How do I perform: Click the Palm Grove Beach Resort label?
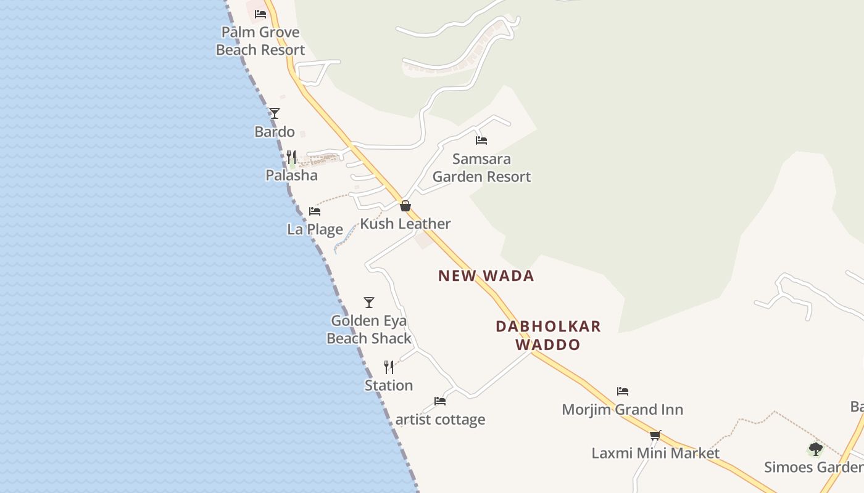pos(260,41)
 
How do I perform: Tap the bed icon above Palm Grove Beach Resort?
pos(260,14)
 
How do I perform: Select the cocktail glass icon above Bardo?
pos(275,113)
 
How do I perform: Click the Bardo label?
pos(275,132)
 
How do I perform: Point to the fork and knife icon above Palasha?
pos(291,157)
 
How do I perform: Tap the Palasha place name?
pos(291,176)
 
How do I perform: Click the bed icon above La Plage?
pos(315,211)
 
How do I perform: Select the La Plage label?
pos(315,230)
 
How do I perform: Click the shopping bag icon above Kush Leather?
pos(405,206)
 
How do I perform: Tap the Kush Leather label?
pos(405,224)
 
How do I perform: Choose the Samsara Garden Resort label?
pos(481,168)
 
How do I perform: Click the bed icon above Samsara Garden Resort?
pos(481,141)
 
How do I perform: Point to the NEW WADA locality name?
pos(486,276)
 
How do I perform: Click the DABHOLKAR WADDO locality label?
pos(548,335)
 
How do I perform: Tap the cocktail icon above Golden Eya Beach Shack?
pos(369,303)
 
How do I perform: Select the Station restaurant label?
pos(389,386)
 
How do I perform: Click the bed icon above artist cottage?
pos(440,401)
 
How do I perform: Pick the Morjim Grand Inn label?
pos(622,410)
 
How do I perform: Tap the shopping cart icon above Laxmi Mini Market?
pos(655,435)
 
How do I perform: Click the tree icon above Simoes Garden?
pos(816,449)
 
